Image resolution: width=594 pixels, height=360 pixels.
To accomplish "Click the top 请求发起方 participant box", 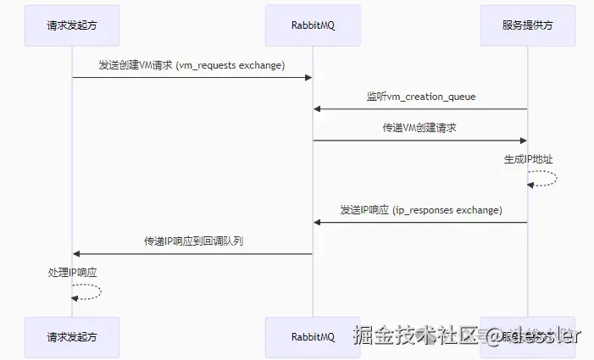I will [x=72, y=25].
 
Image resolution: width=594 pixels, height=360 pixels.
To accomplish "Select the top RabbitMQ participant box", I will [x=313, y=25].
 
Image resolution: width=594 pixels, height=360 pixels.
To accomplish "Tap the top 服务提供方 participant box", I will [x=527, y=25].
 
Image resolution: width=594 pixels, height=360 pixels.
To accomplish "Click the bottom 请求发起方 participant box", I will [x=72, y=336].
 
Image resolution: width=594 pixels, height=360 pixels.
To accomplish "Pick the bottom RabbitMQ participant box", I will [x=313, y=336].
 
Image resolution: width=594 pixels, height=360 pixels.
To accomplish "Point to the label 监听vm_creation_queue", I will [x=421, y=97].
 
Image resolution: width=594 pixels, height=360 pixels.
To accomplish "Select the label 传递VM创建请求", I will [x=420, y=128].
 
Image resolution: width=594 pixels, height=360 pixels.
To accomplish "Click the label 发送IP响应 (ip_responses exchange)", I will [x=420, y=209].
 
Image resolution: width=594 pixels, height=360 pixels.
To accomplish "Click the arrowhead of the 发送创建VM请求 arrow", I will [x=309, y=78].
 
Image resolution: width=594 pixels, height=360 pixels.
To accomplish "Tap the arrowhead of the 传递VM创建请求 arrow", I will [x=523, y=141].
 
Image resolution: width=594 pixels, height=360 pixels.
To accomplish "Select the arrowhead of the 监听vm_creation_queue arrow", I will [x=317, y=109].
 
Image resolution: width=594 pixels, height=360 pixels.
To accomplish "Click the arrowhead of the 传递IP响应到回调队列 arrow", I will [x=76, y=253].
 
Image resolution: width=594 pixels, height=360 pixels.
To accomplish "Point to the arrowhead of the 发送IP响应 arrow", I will [x=317, y=222].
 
